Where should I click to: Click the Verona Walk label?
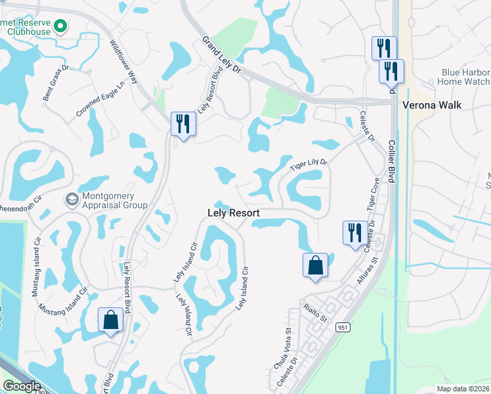tap(437, 105)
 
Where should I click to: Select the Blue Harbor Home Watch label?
tap(455, 77)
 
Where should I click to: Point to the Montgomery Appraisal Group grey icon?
tap(72, 198)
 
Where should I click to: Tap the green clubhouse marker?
tap(60, 27)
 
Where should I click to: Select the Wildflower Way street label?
tap(125, 62)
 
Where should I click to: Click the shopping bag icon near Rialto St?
tap(315, 266)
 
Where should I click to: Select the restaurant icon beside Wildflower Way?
tap(183, 123)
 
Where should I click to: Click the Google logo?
tap(22, 386)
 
